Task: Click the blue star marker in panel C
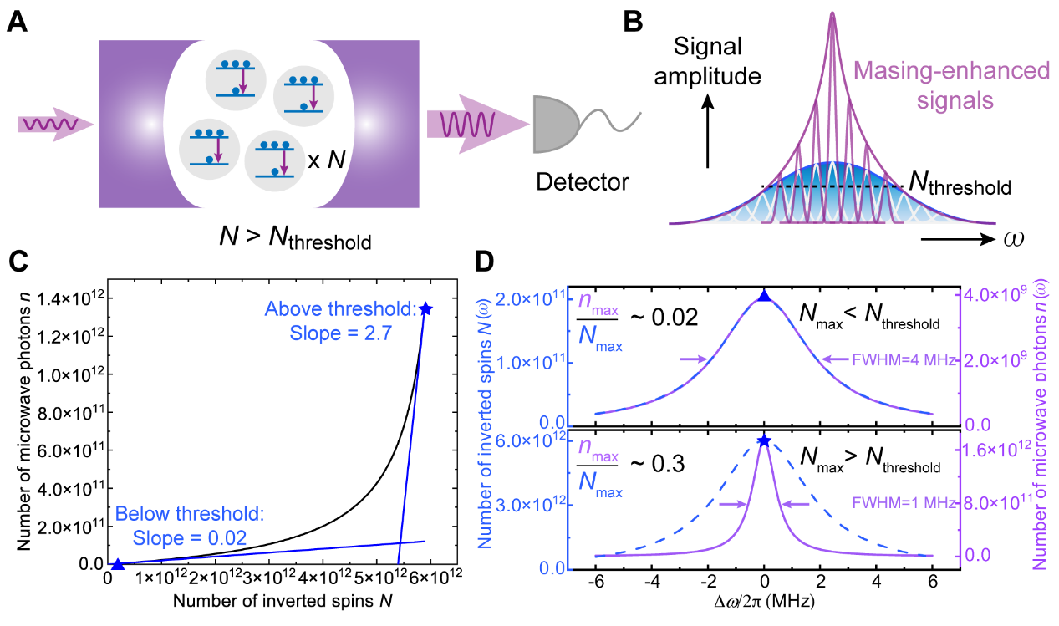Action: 427,309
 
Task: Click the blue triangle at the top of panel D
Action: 764,295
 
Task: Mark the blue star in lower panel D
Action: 764,440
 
